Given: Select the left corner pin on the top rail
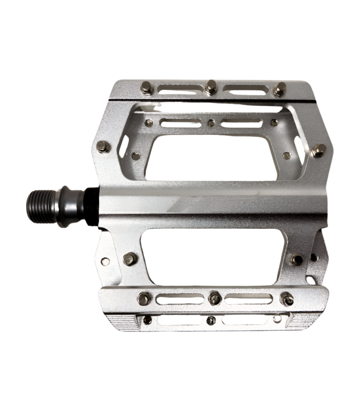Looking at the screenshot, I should pyautogui.click(x=147, y=88).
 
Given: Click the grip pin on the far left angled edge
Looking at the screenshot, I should pyautogui.click(x=103, y=146).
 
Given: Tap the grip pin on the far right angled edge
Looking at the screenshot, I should pyautogui.click(x=319, y=150).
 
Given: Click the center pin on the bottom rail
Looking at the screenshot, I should pyautogui.click(x=215, y=297).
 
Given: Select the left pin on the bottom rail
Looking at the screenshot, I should pyautogui.click(x=145, y=298).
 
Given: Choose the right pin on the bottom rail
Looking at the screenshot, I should pyautogui.click(x=286, y=299).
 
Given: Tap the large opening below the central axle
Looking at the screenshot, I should pyautogui.click(x=213, y=257).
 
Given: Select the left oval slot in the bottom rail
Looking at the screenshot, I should pyautogui.click(x=179, y=298).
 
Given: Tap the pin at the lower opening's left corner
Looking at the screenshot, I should pyautogui.click(x=131, y=258).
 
